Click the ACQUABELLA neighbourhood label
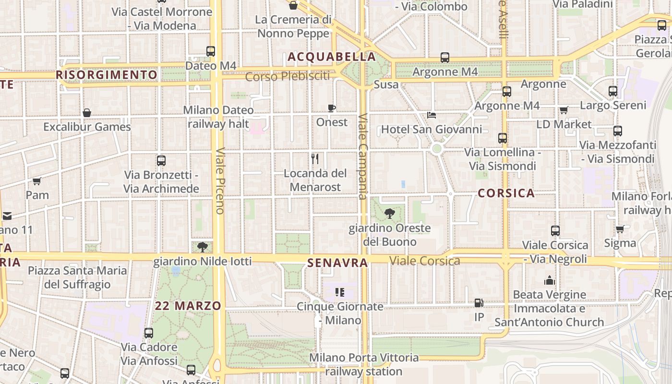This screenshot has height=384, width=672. pyautogui.click(x=331, y=57)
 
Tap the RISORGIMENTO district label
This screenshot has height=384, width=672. pyautogui.click(x=106, y=75)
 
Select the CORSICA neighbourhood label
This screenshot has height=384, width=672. pyautogui.click(x=506, y=193)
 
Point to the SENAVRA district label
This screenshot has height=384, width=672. pyautogui.click(x=337, y=263)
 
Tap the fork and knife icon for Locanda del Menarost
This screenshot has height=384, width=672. pyautogui.click(x=315, y=158)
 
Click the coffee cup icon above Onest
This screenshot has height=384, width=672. pyautogui.click(x=331, y=108)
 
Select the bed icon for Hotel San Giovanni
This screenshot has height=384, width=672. pyautogui.click(x=432, y=115)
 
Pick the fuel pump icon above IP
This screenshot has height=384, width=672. pyautogui.click(x=479, y=303)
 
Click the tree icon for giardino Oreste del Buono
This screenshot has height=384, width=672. pyautogui.click(x=390, y=214)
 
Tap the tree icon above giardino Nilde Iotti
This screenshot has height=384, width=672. pyautogui.click(x=202, y=247)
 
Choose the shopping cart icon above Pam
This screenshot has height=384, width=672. pyautogui.click(x=37, y=181)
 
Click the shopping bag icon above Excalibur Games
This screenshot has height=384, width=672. pyautogui.click(x=87, y=113)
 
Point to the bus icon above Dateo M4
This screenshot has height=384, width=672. pyautogui.click(x=210, y=51)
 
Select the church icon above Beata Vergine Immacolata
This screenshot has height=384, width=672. pyautogui.click(x=549, y=280)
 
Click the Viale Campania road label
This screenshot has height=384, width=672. pyautogui.click(x=363, y=156)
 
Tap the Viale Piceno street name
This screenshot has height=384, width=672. pyautogui.click(x=220, y=180)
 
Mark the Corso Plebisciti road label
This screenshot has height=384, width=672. pyautogui.click(x=288, y=76)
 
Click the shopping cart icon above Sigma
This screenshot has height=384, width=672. pyautogui.click(x=620, y=229)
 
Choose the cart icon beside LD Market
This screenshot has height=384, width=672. pyautogui.click(x=564, y=110)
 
